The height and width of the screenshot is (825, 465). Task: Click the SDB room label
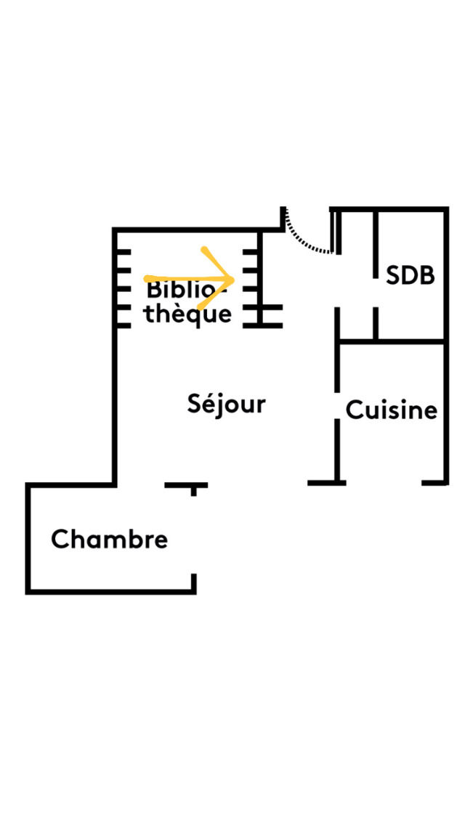pos(411,276)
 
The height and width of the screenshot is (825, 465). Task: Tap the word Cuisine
pos(392,410)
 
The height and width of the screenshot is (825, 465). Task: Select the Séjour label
pos(226,404)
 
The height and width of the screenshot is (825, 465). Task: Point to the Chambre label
pos(109,540)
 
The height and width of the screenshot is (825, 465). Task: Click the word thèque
pos(187,314)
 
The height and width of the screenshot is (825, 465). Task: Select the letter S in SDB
pos(393,276)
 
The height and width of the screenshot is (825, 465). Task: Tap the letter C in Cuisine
pos(354,410)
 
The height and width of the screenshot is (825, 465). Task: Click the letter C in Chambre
pos(60,540)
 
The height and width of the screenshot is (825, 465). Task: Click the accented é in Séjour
pos(206,403)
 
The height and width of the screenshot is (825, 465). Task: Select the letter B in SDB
pos(428,276)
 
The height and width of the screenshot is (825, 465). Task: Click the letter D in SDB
pos(410,276)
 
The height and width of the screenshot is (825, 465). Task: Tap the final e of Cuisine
pos(431,412)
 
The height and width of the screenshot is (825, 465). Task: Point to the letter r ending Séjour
pos(261,405)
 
